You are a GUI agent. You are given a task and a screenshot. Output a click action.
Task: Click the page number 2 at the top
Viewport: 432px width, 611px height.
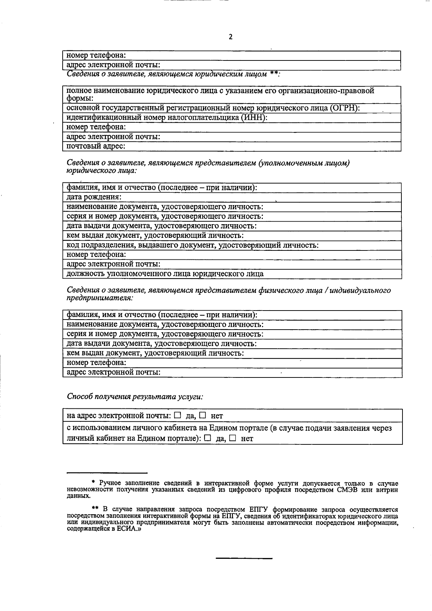230,37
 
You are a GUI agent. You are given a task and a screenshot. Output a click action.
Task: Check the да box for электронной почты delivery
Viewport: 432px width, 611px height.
177,415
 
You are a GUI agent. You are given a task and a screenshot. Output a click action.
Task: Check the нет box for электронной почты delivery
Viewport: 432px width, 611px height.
203,415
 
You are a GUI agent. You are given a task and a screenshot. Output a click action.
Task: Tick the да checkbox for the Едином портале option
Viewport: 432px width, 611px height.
207,438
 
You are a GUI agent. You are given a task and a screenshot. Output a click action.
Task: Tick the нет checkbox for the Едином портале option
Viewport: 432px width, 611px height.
233,438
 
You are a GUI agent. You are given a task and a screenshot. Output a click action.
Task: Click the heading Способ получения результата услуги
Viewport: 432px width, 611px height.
135,397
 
